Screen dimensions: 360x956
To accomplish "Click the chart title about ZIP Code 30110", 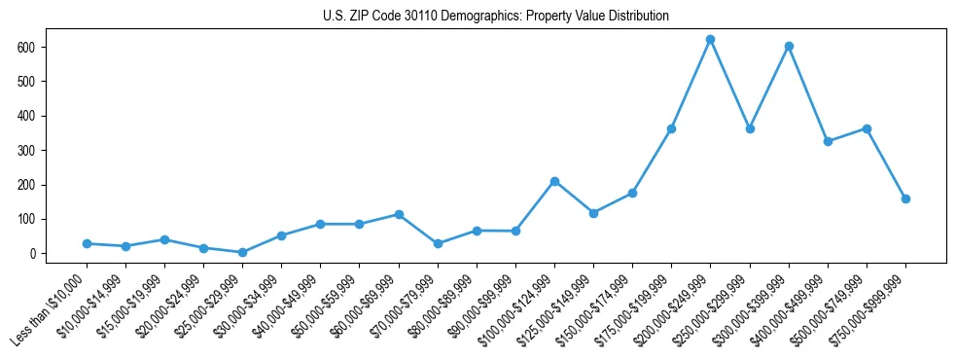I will pyautogui.click(x=495, y=17).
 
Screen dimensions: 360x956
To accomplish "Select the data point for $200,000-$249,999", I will pyautogui.click(x=711, y=40).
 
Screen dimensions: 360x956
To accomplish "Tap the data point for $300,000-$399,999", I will pyautogui.click(x=789, y=47).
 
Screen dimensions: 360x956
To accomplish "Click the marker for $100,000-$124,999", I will pyautogui.click(x=554, y=181).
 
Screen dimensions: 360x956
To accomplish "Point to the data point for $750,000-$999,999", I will pyautogui.click(x=905, y=198).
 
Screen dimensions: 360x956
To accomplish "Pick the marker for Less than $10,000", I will pyautogui.click(x=87, y=243).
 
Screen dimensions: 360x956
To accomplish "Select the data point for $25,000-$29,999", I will pyautogui.click(x=242, y=252).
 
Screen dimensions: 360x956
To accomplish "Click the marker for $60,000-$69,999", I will pyautogui.click(x=399, y=214).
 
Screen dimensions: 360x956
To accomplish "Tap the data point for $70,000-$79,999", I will pyautogui.click(x=438, y=243).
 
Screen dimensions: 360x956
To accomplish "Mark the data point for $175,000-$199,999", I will pyautogui.click(x=671, y=128).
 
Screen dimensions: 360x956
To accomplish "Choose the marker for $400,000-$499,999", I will pyautogui.click(x=828, y=141).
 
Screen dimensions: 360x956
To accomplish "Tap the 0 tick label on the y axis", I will pyautogui.click(x=35, y=254).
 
